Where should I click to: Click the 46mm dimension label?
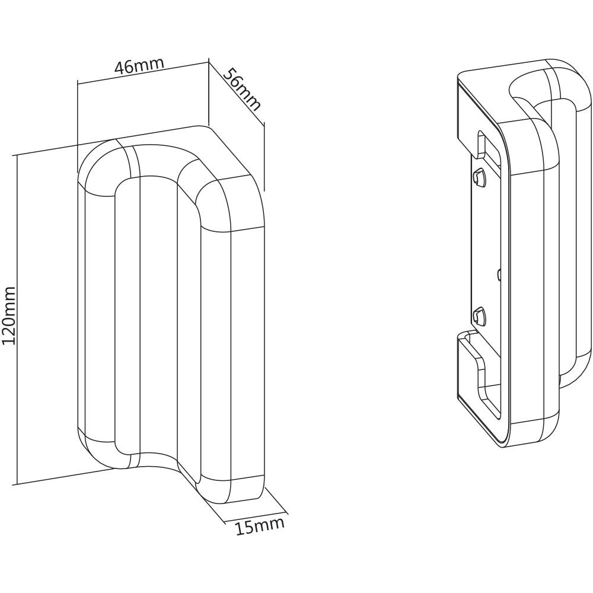pyautogui.click(x=139, y=66)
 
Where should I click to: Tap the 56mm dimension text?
pyautogui.click(x=242, y=89)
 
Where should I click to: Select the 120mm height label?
pyautogui.click(x=9, y=315)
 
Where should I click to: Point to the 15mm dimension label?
pyautogui.click(x=260, y=525)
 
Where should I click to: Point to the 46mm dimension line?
pyautogui.click(x=142, y=74)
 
